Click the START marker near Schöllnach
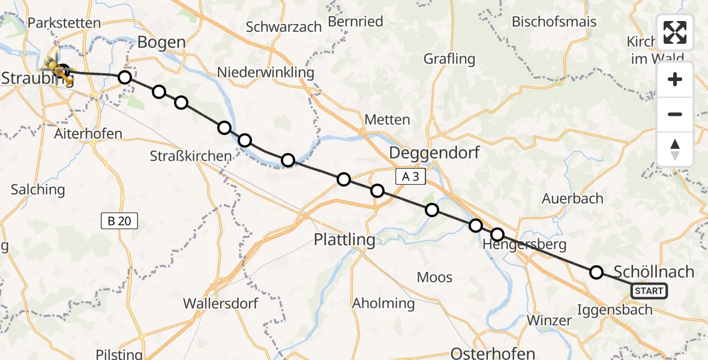[649, 292]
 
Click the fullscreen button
[675, 32]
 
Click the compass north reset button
[675, 149]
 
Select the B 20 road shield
[119, 221]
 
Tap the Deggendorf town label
[434, 152]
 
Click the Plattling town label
[345, 240]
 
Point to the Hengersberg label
[516, 245]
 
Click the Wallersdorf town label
[221, 302]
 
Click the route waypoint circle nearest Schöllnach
[596, 272]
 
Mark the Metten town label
[387, 119]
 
